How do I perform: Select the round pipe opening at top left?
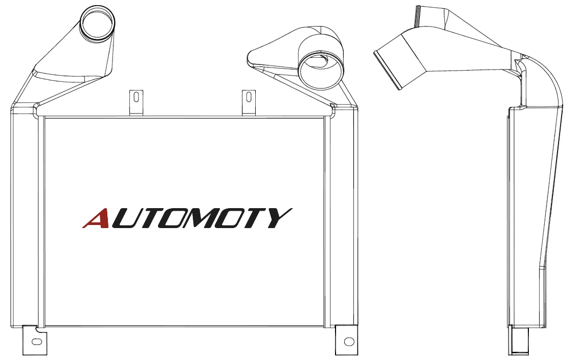tap(98, 23)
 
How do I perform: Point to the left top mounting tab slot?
tap(136, 98)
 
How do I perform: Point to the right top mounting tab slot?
tap(249, 98)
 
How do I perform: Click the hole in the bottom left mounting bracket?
tap(36, 342)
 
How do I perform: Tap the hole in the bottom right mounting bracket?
tap(348, 341)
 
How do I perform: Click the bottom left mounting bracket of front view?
tap(35, 341)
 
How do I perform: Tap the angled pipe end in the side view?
tap(388, 70)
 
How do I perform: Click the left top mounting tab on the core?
tap(136, 103)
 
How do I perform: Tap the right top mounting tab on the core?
tap(249, 103)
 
